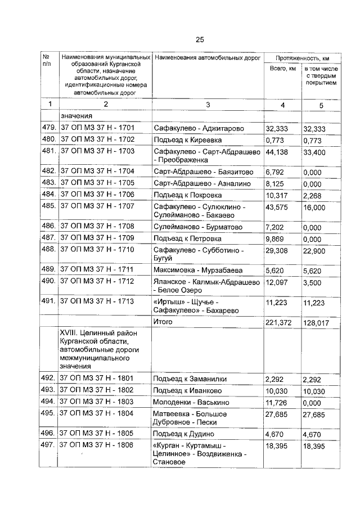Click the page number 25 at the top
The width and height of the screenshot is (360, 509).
click(x=200, y=39)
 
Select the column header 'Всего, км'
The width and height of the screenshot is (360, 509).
click(x=282, y=69)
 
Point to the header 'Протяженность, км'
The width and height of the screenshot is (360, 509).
click(x=302, y=58)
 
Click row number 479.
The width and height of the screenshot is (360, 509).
click(x=49, y=129)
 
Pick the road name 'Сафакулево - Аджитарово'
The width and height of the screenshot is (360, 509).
click(x=199, y=129)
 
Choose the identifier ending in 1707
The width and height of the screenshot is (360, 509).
click(x=97, y=207)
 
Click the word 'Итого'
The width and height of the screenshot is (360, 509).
click(x=164, y=322)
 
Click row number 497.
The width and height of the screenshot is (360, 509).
click(x=49, y=445)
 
